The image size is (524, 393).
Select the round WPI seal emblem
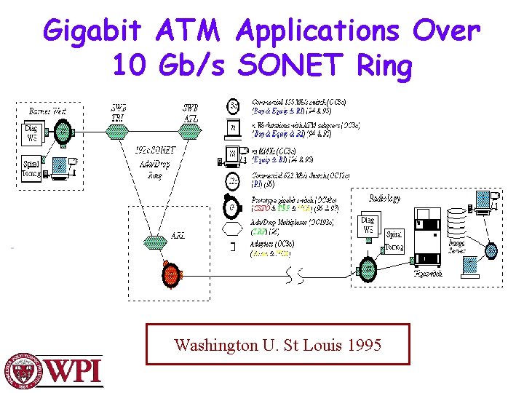click(24, 371)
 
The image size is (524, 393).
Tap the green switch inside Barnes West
click(63, 132)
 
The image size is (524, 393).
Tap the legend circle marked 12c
click(232, 180)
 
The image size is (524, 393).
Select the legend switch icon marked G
click(231, 206)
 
